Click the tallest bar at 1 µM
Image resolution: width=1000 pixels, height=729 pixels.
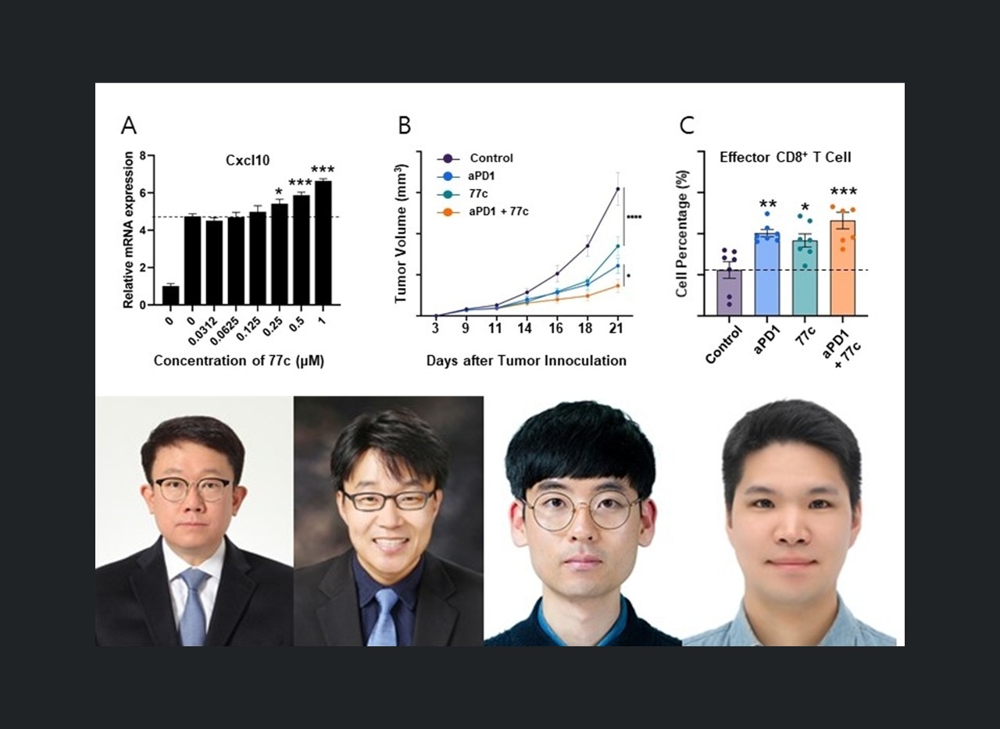click(323, 243)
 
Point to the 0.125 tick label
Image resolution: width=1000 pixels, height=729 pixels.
click(253, 326)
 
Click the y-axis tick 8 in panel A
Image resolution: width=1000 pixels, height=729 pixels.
click(143, 155)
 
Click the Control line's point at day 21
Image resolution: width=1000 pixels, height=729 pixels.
click(618, 189)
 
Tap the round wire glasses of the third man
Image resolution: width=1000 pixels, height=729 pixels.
click(581, 510)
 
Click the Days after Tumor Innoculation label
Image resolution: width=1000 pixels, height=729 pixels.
click(526, 361)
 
